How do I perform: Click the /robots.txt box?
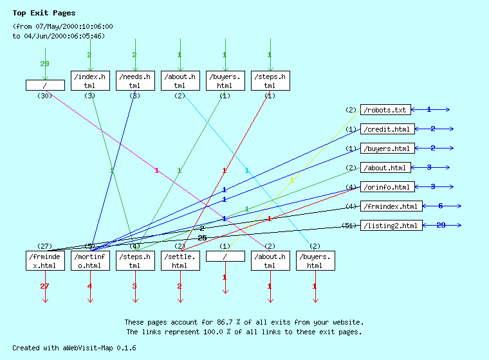tap(385, 110)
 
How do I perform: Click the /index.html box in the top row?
tap(89, 80)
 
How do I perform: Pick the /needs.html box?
tap(134, 80)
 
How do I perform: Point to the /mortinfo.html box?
tap(89, 260)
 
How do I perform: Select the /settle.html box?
tap(180, 260)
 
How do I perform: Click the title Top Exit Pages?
tap(44, 13)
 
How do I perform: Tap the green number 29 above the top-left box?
tap(44, 64)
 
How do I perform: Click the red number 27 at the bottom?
tap(44, 286)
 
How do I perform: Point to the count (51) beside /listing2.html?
tap(350, 226)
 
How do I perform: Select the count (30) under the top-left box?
tap(44, 96)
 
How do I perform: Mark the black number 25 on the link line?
tap(202, 238)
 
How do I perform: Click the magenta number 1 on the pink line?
tap(156, 170)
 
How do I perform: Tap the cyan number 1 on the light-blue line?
tap(247, 170)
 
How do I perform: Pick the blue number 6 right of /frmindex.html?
tap(440, 206)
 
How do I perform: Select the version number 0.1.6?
tap(126, 347)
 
